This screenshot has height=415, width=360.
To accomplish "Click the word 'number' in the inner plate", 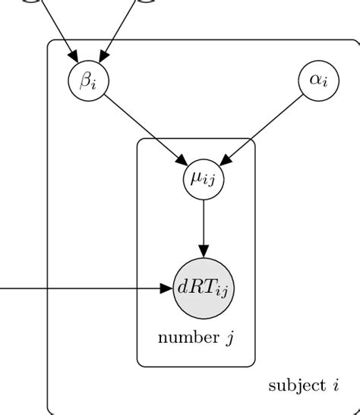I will tap(186, 338).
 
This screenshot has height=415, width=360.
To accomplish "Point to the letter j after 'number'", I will tap(228, 338).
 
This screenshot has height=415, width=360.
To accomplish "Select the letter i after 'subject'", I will tap(334, 385).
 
